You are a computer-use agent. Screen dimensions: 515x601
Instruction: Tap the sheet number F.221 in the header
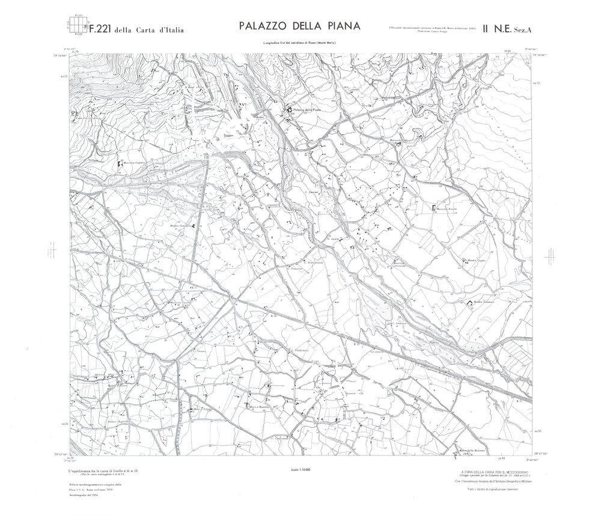click(x=102, y=28)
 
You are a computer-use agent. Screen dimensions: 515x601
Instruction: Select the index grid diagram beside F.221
click(x=75, y=26)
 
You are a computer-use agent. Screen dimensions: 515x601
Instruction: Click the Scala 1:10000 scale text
click(x=298, y=469)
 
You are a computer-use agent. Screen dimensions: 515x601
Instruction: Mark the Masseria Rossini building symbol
click(x=434, y=208)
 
